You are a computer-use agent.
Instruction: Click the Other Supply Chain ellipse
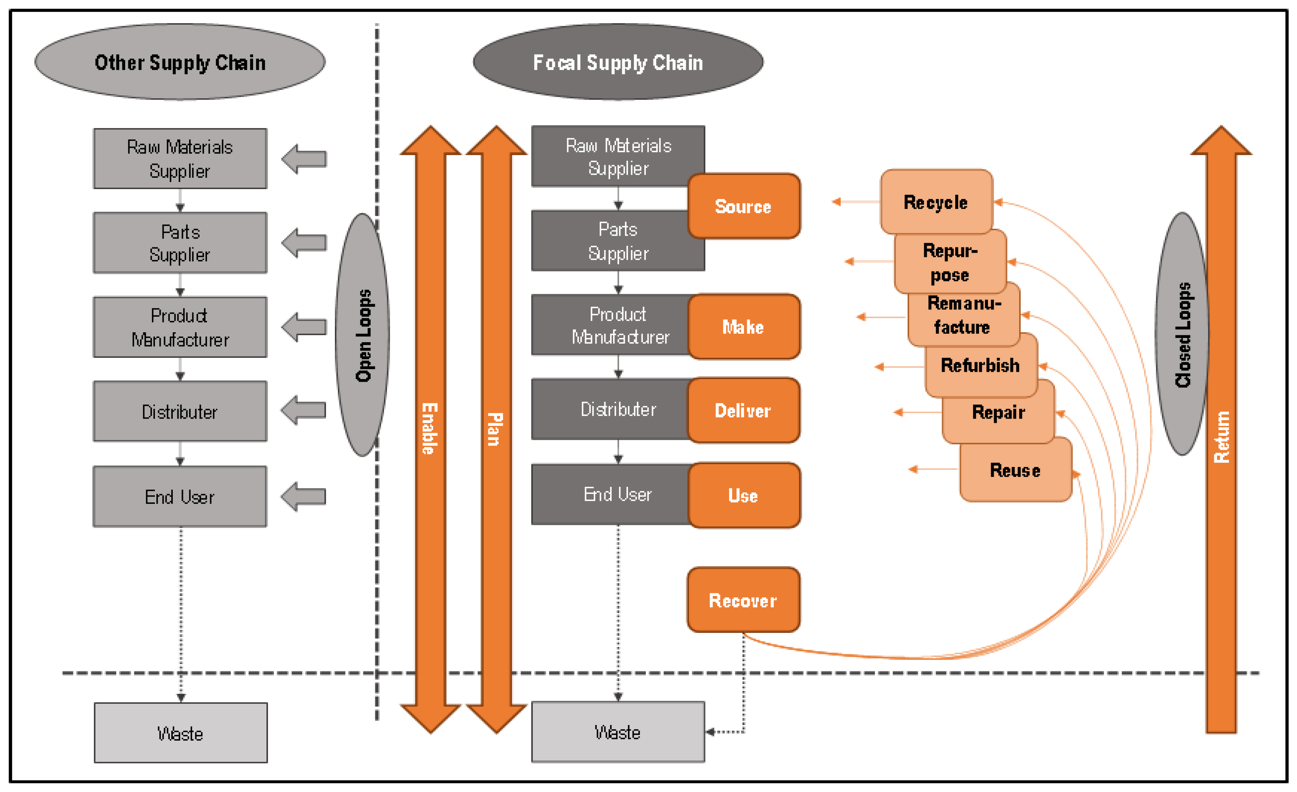(180, 62)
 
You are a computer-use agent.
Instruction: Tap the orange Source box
(743, 206)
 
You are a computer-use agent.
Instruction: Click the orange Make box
(743, 327)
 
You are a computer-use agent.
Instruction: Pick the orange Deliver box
(743, 411)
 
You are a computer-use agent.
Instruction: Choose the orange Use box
(743, 495)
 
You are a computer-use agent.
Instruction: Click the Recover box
(743, 600)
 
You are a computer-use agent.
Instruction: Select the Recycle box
(935, 202)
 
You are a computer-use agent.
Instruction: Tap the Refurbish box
(980, 365)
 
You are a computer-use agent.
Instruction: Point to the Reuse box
(1015, 470)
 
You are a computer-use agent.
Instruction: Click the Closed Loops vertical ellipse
(1182, 334)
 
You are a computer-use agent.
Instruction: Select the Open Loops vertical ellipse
(363, 335)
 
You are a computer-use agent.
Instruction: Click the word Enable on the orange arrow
(430, 429)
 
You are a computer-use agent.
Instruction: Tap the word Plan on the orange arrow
(495, 429)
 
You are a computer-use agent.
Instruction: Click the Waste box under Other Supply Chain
(180, 733)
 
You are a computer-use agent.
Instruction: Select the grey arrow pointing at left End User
(304, 496)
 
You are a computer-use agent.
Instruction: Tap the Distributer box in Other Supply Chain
(180, 411)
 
